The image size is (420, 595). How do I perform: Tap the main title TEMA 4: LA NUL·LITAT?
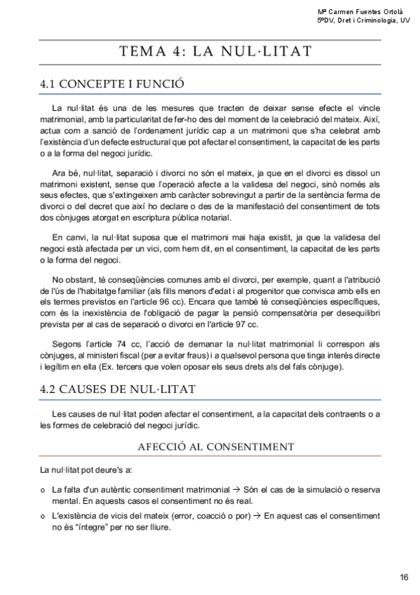tap(215, 52)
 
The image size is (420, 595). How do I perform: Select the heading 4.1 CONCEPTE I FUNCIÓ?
tap(112, 84)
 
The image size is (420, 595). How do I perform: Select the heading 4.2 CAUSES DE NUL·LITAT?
tap(118, 388)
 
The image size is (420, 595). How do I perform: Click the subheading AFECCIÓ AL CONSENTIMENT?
tap(215, 446)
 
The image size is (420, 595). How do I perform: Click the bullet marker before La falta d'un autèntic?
tap(43, 489)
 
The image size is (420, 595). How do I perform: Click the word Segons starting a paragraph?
tap(67, 344)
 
